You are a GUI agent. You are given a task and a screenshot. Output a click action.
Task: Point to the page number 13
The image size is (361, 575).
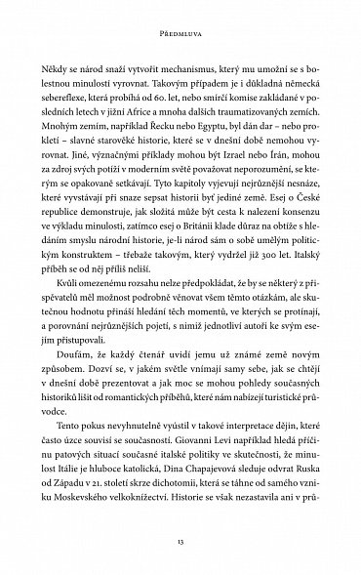(180, 545)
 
